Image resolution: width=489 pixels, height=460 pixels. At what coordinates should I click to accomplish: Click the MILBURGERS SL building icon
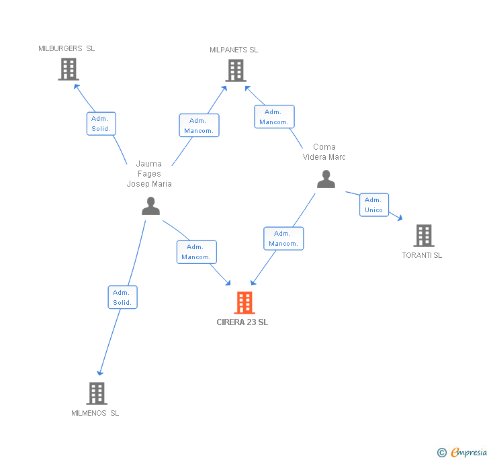click(68, 69)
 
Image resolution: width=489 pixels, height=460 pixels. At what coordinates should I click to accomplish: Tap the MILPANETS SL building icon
click(235, 71)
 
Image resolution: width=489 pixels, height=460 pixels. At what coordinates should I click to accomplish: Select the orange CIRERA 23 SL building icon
click(244, 303)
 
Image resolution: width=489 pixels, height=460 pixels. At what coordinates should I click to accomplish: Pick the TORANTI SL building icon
click(423, 236)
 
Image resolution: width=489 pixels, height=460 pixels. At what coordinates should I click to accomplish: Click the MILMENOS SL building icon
click(97, 394)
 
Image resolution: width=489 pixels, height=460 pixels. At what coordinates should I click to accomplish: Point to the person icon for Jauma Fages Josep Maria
click(150, 206)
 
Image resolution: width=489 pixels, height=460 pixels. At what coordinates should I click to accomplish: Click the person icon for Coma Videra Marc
click(326, 179)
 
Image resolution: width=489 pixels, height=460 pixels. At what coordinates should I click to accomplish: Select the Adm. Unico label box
click(373, 205)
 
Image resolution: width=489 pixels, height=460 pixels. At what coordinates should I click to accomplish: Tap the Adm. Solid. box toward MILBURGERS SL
click(101, 124)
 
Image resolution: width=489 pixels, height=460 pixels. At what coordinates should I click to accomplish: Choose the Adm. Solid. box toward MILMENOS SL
click(122, 297)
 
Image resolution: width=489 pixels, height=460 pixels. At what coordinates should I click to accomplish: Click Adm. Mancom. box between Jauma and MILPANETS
click(199, 126)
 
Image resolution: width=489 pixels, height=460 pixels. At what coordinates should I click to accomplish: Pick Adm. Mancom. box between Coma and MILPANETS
click(274, 117)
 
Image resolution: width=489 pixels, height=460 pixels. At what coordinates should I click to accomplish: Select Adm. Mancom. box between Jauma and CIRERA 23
click(197, 252)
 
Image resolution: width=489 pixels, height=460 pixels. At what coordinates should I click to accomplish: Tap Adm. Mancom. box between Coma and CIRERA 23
click(283, 238)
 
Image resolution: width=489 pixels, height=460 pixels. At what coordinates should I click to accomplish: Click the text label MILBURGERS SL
click(66, 48)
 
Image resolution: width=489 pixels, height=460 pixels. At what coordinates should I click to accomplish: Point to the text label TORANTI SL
click(422, 255)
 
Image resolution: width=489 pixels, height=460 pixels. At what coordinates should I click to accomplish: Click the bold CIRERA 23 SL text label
click(242, 322)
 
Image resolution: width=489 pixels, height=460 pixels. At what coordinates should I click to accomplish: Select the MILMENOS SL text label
click(95, 413)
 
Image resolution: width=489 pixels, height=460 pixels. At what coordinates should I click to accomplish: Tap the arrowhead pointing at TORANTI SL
click(400, 218)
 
